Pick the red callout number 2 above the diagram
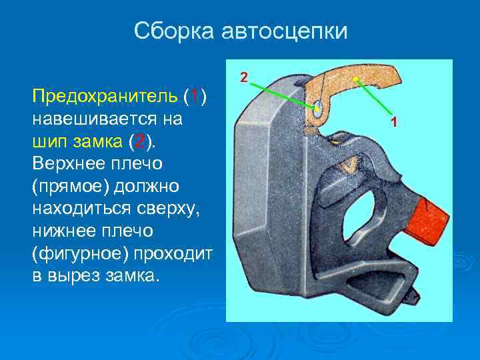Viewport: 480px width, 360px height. [244, 78]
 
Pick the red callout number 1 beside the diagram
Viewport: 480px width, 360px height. [395, 122]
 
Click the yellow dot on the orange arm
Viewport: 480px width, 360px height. [356, 80]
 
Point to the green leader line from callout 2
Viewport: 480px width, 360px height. [283, 94]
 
